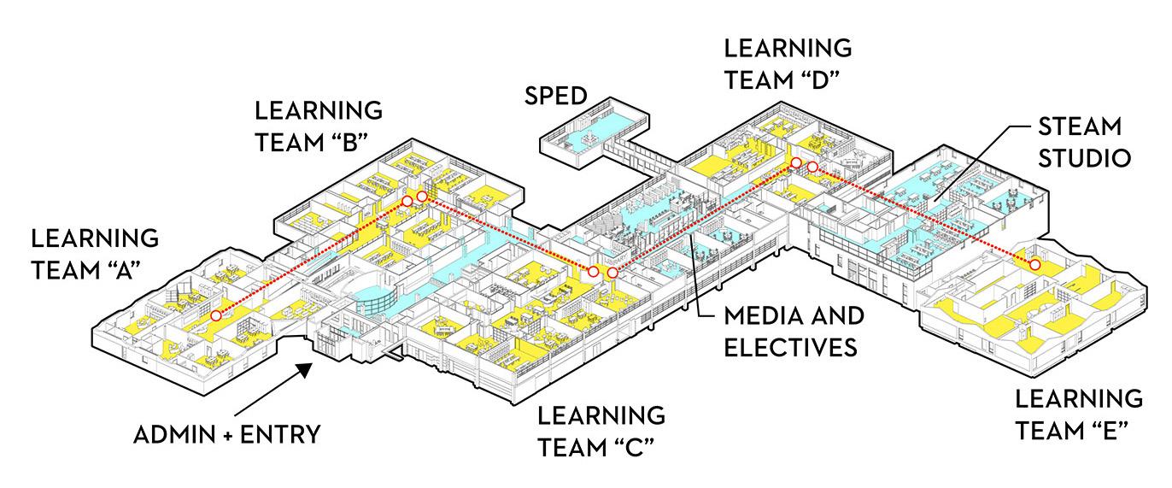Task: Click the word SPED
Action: [557, 95]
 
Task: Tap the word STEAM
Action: [1078, 126]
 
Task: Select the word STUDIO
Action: [1085, 158]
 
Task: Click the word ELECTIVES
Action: [790, 348]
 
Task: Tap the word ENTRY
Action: [278, 434]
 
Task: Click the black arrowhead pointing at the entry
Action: [304, 368]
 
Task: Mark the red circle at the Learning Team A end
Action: [216, 316]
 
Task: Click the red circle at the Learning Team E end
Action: [1034, 264]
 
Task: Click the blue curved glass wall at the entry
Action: [376, 299]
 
